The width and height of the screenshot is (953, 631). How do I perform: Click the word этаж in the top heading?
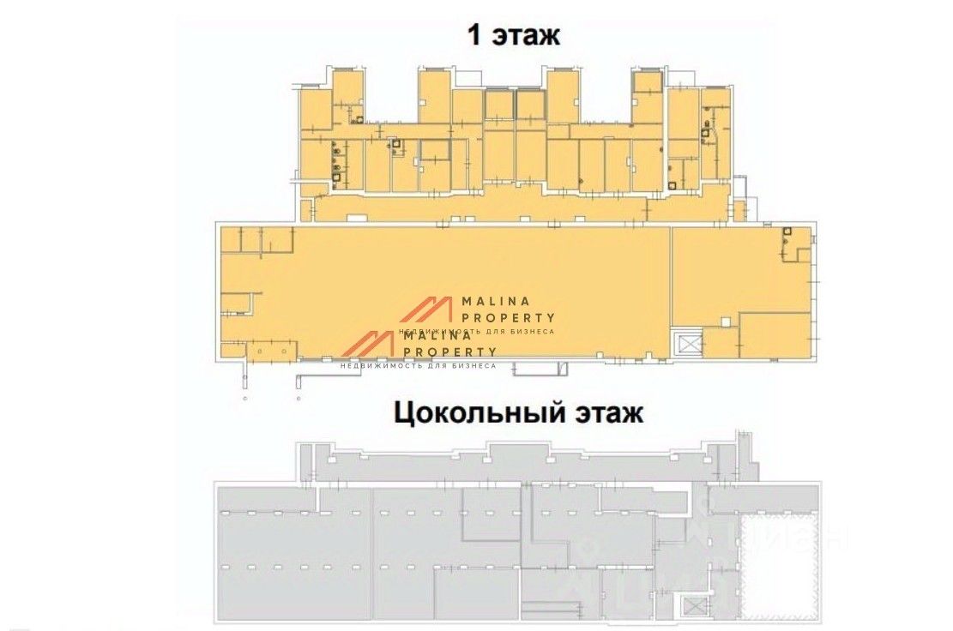tap(526, 36)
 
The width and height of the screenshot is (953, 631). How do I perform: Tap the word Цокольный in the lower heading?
tap(476, 414)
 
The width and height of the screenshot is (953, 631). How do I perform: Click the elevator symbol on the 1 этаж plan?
tap(687, 343)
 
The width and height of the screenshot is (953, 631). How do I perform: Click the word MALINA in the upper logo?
tap(497, 302)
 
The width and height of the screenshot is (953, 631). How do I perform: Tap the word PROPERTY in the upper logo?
tap(509, 317)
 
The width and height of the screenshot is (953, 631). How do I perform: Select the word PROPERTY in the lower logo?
tap(449, 352)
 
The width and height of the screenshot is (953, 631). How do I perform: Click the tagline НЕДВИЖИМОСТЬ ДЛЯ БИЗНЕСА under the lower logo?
tap(419, 365)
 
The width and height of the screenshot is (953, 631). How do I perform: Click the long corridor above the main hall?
tap(515, 208)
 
